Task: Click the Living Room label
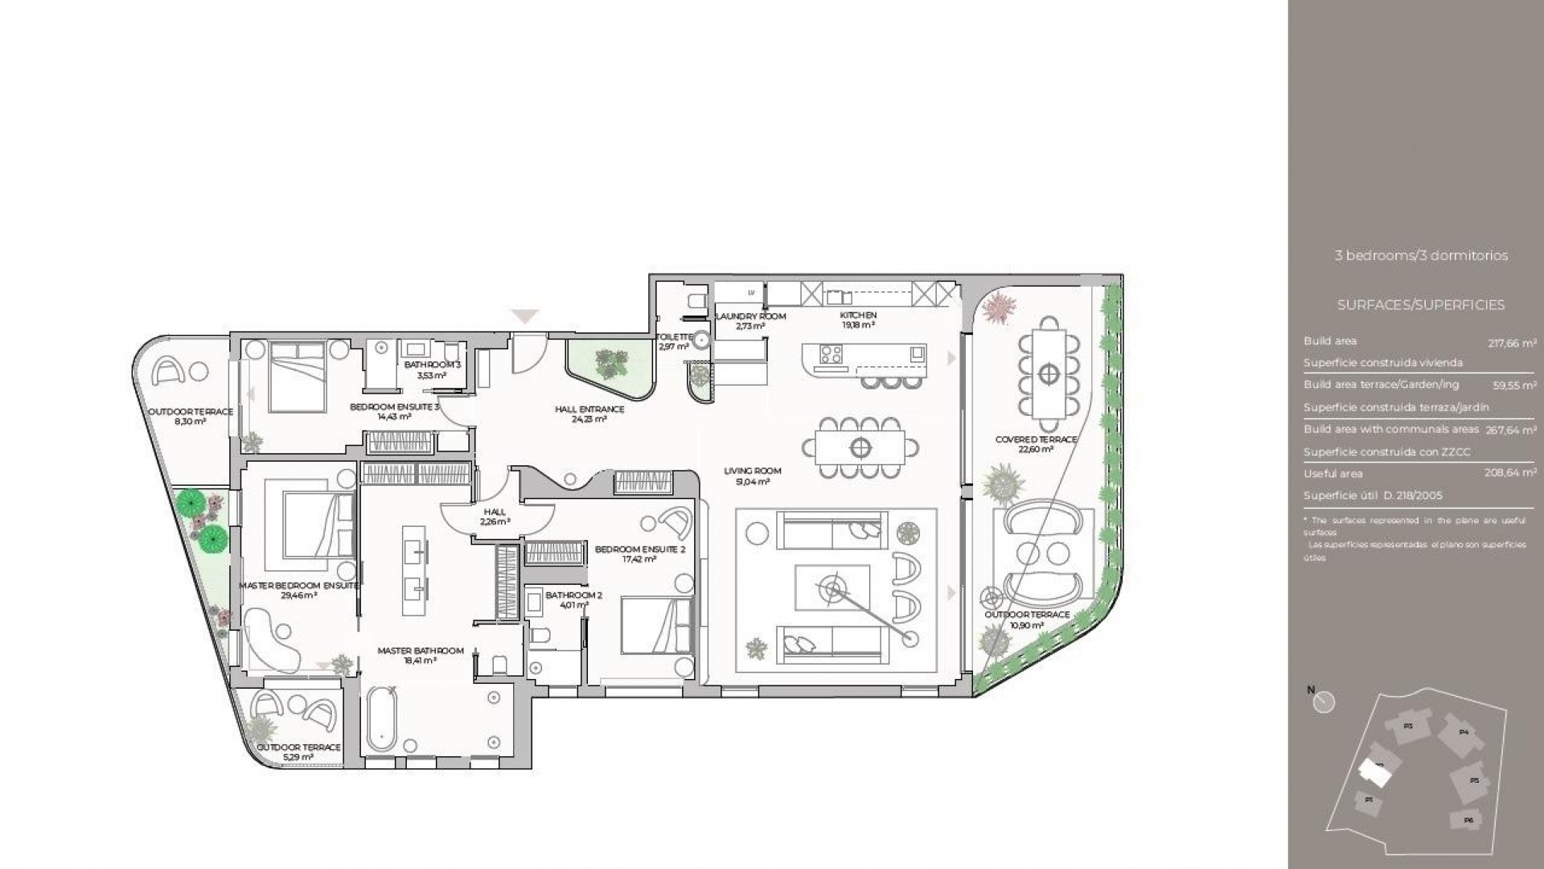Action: (752, 472)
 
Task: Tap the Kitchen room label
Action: (858, 315)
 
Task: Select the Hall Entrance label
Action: (589, 410)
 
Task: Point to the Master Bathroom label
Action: (421, 651)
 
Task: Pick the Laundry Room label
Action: (749, 316)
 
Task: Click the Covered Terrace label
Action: (1036, 440)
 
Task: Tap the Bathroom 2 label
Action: (573, 595)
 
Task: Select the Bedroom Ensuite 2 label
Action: (640, 550)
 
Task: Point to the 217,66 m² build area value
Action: (1512, 343)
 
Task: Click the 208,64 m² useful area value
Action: (1510, 473)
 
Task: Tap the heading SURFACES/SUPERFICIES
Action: (1421, 305)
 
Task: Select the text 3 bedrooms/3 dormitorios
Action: (1421, 256)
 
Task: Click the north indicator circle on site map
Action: (1324, 702)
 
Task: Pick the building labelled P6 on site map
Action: (1468, 820)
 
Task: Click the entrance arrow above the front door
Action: (525, 316)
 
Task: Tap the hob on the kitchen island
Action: (830, 353)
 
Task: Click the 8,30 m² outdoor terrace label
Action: (191, 412)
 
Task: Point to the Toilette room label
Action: (674, 337)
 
